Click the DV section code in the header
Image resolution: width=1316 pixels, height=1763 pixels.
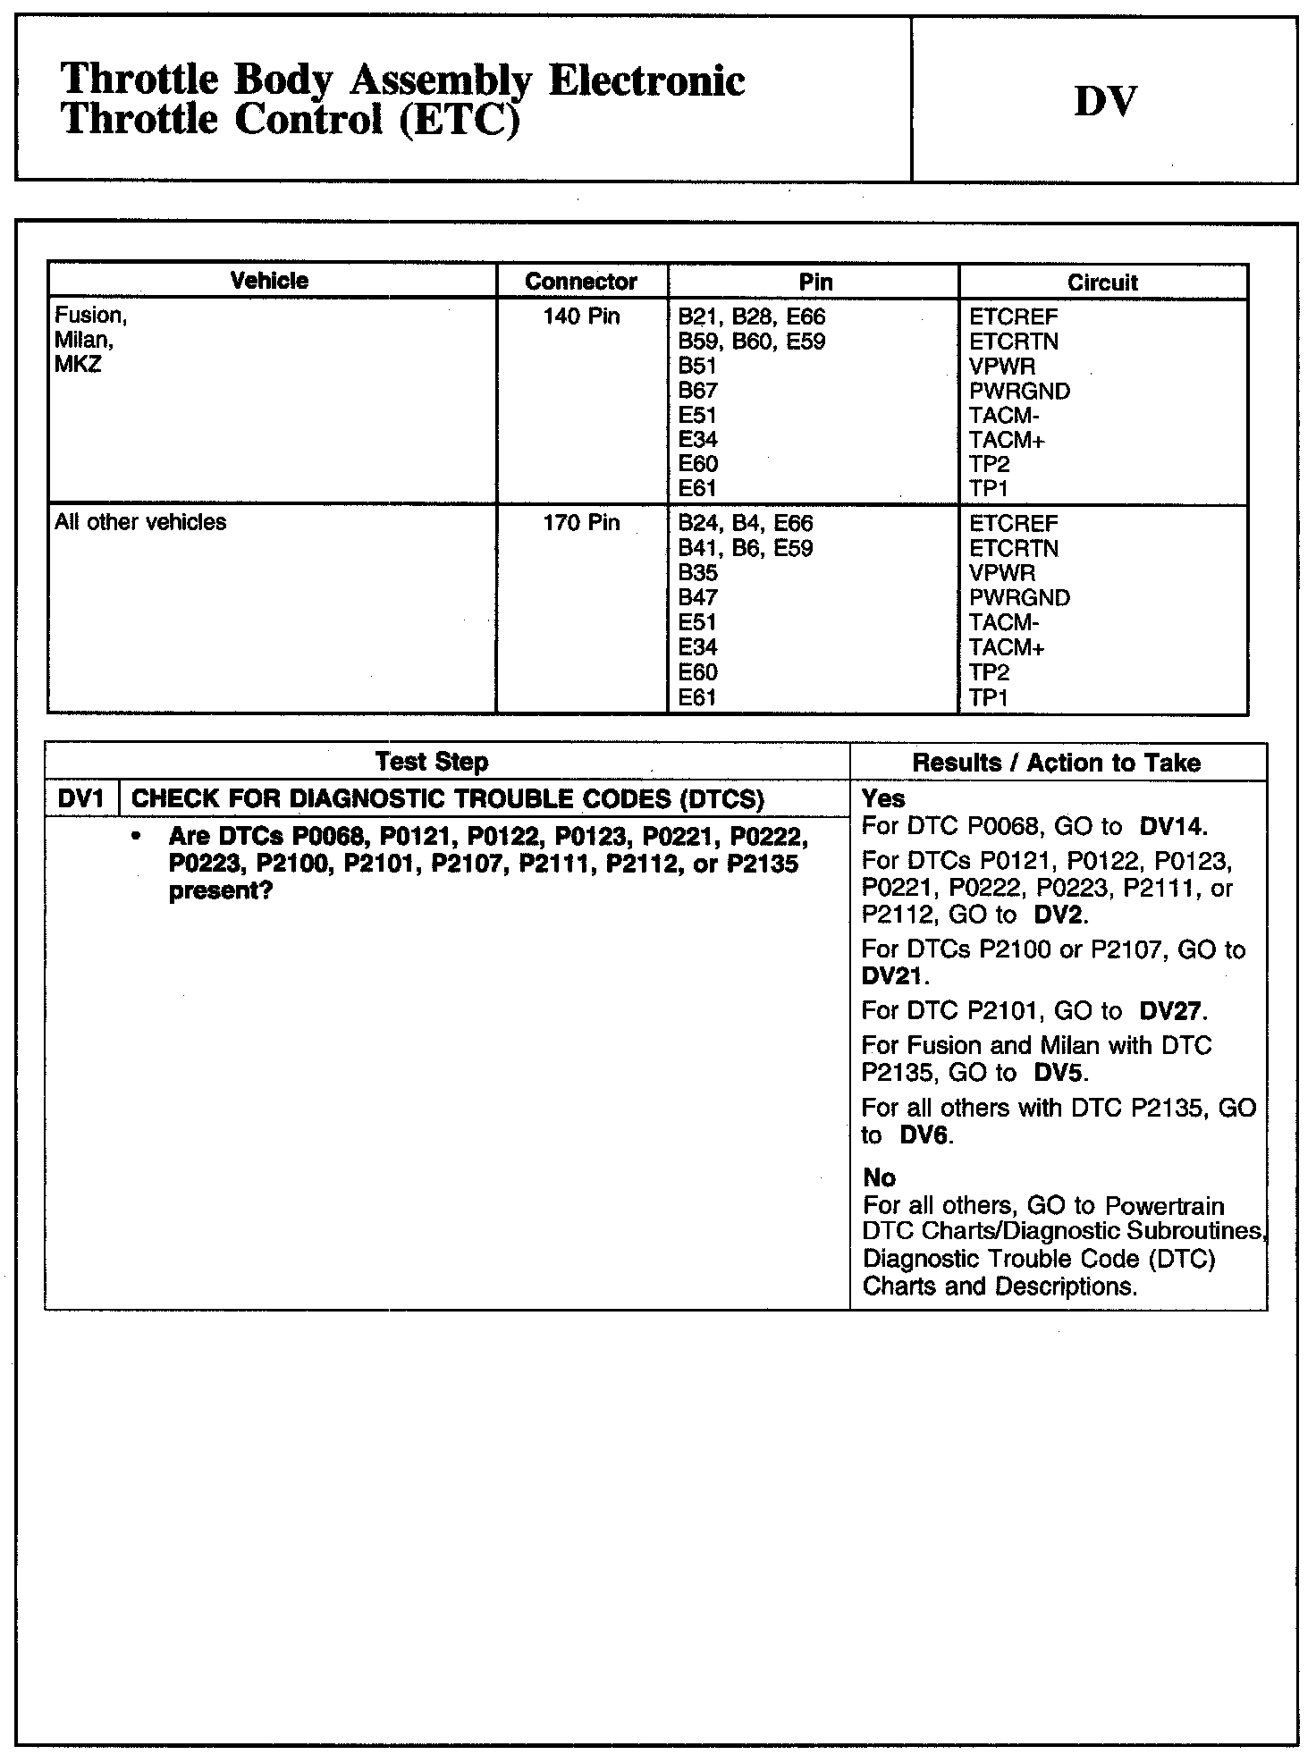coord(1105,101)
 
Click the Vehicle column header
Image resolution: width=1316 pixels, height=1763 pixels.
coord(269,281)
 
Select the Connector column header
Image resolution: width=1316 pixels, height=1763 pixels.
coord(581,282)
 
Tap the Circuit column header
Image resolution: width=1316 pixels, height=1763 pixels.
coord(1102,283)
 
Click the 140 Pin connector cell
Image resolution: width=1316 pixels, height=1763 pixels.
coord(581,317)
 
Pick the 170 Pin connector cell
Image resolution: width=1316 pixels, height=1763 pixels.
coord(581,523)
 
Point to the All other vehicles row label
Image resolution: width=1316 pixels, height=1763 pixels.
coord(140,522)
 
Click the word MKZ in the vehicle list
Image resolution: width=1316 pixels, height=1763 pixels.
coord(78,365)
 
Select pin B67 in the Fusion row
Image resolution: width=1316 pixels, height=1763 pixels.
coord(697,391)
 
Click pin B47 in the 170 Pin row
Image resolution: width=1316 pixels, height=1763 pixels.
coord(697,597)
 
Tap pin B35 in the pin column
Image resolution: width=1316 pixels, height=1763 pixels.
coord(697,573)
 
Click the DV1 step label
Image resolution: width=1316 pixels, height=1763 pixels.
coord(81,798)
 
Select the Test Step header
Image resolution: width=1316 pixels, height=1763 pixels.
coord(432,762)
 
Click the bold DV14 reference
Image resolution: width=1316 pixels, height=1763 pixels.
coord(1173,826)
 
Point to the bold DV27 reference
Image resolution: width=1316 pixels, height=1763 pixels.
coord(1172,1011)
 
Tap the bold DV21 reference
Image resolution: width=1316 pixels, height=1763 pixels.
coord(891,975)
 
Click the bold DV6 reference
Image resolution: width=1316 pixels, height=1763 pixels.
coord(925,1135)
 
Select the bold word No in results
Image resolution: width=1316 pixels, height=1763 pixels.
coord(880,1177)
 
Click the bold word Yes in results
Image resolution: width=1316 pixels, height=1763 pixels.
coord(883,798)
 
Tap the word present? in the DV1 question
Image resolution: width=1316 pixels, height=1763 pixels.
coord(220,891)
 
